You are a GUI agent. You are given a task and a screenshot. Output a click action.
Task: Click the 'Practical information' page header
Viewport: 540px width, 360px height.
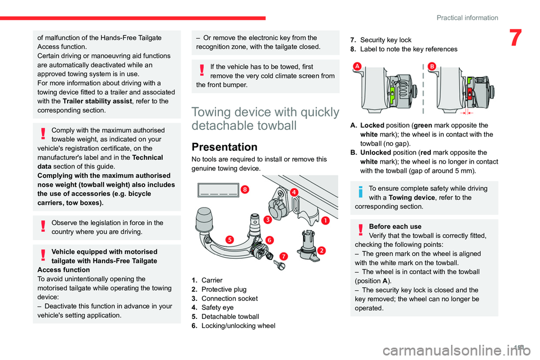tap(467, 17)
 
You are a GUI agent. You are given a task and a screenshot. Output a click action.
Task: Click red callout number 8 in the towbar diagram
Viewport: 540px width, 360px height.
tap(245, 190)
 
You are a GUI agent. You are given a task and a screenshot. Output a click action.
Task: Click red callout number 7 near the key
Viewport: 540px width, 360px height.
tap(283, 256)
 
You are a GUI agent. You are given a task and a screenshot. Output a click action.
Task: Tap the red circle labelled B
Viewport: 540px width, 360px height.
tap(432, 66)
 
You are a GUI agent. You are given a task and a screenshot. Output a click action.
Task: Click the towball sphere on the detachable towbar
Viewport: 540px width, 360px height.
tap(210, 217)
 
